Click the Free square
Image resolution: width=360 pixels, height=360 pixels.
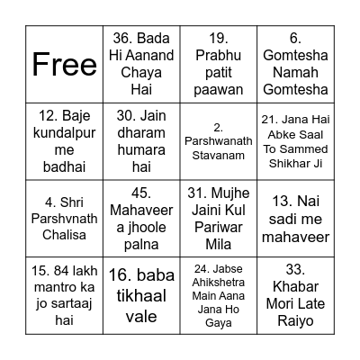pyautogui.click(x=66, y=65)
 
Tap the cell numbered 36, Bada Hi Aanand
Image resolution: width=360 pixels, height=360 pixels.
pyautogui.click(x=142, y=65)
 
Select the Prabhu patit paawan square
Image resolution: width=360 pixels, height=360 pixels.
pyautogui.click(x=218, y=65)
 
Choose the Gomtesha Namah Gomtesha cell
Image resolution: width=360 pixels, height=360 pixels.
pyautogui.click(x=294, y=65)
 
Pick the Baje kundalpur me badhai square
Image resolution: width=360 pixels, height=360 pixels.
pyautogui.click(x=66, y=141)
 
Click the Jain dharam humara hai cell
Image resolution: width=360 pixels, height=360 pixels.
pyautogui.click(x=142, y=141)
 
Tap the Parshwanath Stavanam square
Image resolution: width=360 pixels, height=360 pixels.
pyautogui.click(x=218, y=141)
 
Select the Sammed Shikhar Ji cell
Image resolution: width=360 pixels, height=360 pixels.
pyautogui.click(x=294, y=141)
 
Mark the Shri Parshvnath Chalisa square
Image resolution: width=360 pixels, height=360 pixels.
pyautogui.click(x=66, y=218)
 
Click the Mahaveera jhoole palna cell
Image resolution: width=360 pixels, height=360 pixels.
pyautogui.click(x=142, y=218)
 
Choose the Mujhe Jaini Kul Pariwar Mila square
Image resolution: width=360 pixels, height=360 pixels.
pyautogui.click(x=218, y=218)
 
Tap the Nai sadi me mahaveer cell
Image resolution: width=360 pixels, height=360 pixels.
pyautogui.click(x=294, y=218)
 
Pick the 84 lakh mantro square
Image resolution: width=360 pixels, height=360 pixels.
pyautogui.click(x=66, y=294)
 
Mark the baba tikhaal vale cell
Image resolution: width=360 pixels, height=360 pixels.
pyautogui.click(x=142, y=294)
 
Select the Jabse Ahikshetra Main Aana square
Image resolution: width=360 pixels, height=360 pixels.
pyautogui.click(x=218, y=294)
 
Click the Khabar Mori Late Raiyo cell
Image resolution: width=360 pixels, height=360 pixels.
pyautogui.click(x=294, y=294)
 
